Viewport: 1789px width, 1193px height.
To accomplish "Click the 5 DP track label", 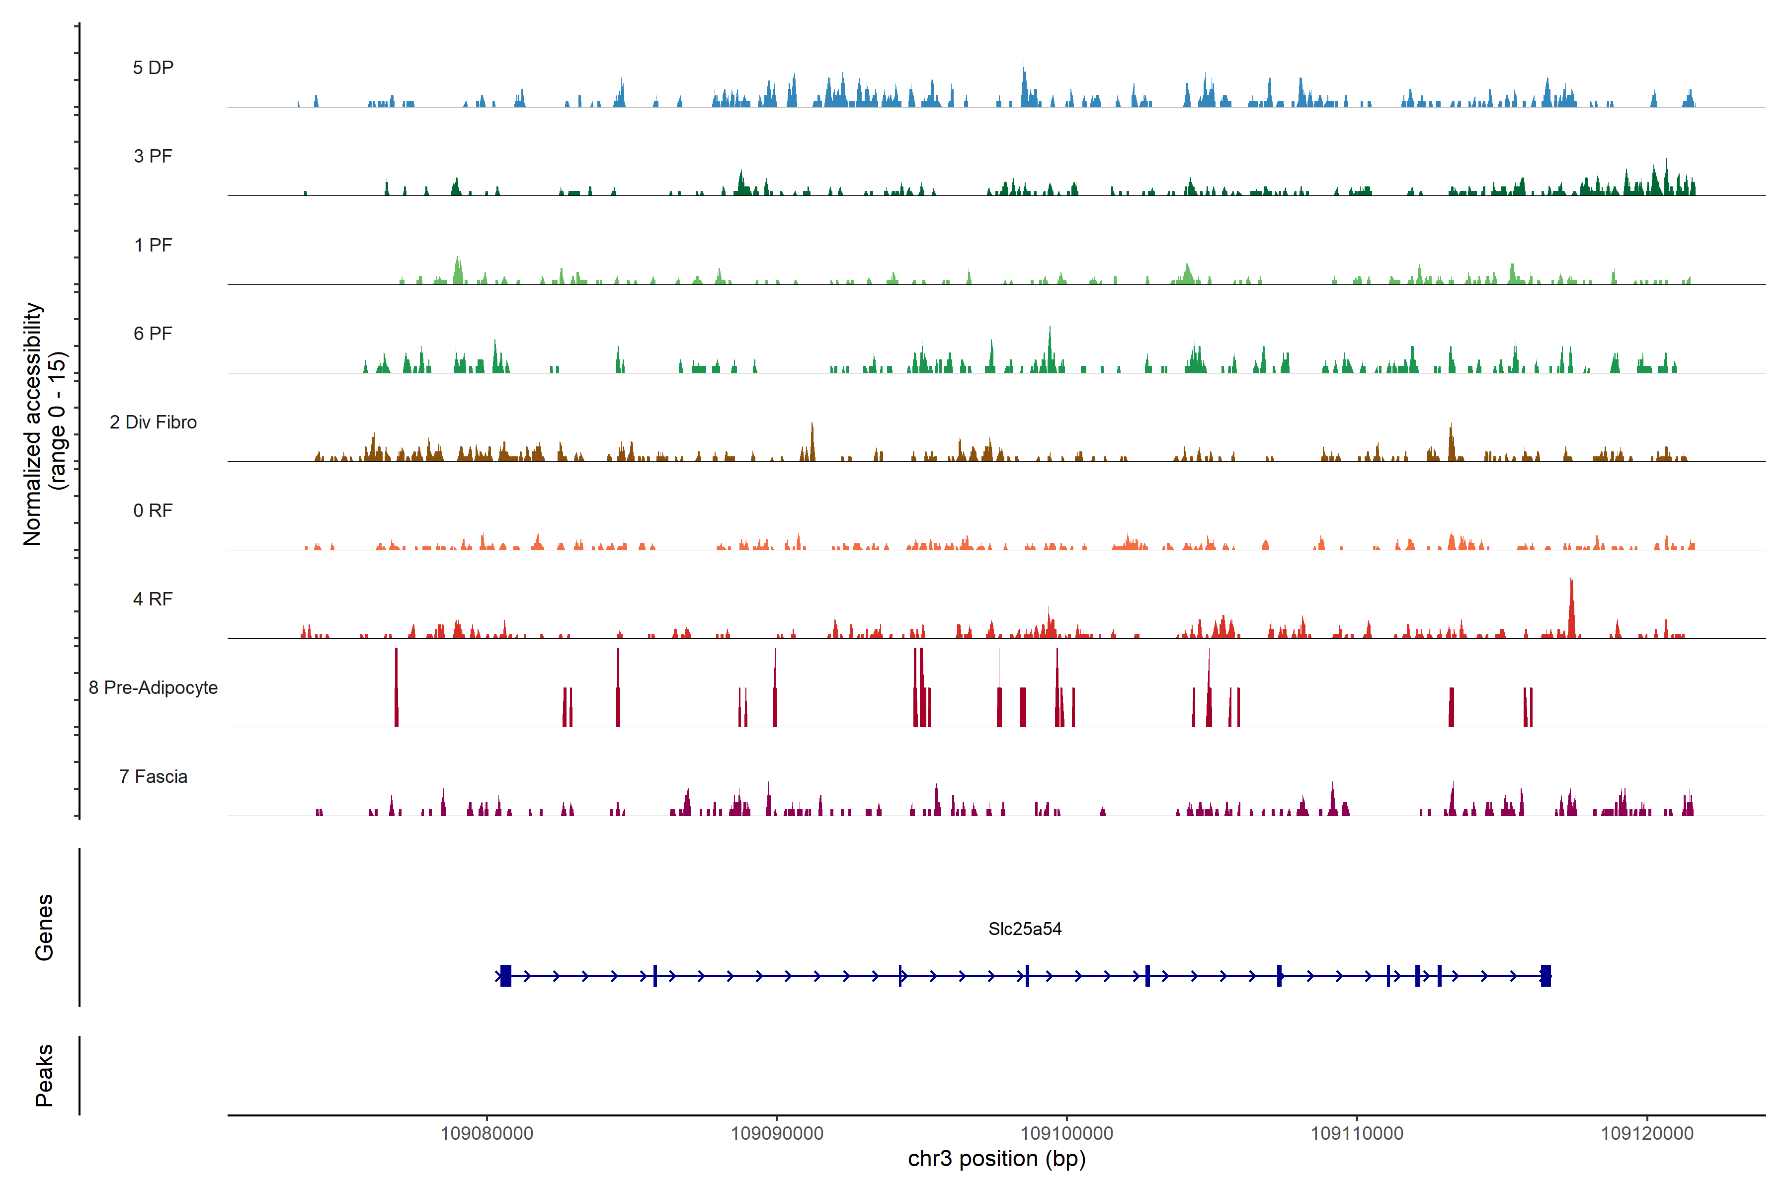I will point(153,68).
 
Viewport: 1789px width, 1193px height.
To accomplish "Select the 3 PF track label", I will point(153,156).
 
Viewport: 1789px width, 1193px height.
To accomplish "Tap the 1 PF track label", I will point(153,245).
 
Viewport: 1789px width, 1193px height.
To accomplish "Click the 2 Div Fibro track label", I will point(153,422).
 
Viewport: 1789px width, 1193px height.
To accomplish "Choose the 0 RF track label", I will point(153,511).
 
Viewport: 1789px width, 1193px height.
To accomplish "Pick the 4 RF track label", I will point(153,599).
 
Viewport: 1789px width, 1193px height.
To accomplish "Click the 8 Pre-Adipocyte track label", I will point(153,688).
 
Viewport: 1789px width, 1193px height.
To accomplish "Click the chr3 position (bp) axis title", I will point(996,1159).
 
